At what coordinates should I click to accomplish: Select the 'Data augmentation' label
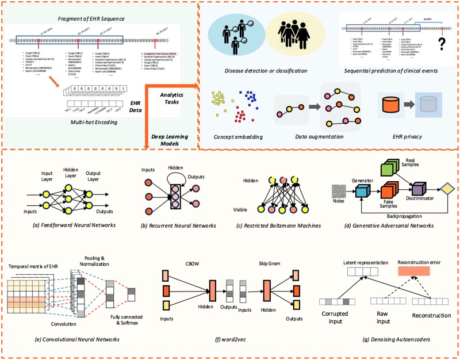click(320, 137)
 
